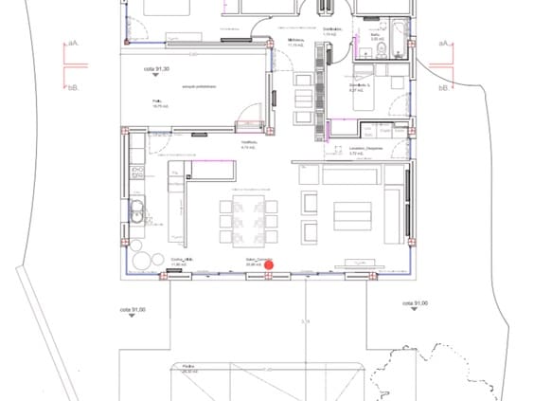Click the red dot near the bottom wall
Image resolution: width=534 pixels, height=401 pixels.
coord(268,263)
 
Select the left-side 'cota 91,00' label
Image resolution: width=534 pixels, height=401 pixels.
coord(131,309)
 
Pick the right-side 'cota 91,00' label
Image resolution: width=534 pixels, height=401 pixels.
coord(415,303)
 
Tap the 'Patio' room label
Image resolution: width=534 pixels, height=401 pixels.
coord(158,102)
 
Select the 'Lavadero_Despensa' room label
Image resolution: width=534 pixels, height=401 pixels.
coord(365,150)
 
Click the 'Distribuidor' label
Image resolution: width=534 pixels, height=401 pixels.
coord(331,31)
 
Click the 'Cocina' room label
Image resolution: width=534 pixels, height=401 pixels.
coord(182,259)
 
